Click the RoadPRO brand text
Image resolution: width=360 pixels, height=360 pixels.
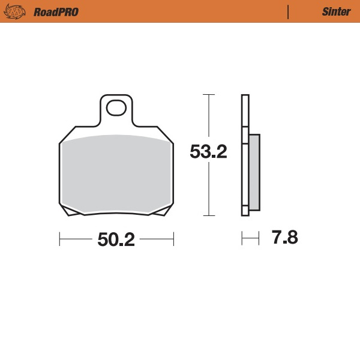[x=56, y=12]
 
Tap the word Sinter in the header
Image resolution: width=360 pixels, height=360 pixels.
[x=332, y=12]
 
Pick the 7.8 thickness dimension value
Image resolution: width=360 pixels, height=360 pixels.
[x=284, y=238]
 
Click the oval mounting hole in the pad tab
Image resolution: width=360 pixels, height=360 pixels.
[x=115, y=109]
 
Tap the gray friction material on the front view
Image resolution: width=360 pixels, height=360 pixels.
[x=116, y=174]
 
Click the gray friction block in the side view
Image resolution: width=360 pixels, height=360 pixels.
[x=254, y=172]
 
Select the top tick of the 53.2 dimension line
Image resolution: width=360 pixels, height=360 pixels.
[x=208, y=95]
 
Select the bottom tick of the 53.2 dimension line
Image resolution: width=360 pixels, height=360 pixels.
[x=208, y=215]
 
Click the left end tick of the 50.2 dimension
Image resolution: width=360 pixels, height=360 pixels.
[x=60, y=239]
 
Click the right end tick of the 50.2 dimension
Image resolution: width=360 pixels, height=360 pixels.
[x=173, y=239]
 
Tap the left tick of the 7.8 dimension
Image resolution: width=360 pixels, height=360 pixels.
[x=242, y=238]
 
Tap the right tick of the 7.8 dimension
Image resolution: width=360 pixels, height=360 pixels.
[x=259, y=238]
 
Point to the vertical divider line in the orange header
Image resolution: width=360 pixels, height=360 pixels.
[x=289, y=11]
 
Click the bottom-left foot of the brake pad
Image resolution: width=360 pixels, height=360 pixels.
[x=70, y=211]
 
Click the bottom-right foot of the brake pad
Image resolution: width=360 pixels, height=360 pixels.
[x=161, y=211]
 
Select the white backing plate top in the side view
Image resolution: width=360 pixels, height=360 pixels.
[x=244, y=111]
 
